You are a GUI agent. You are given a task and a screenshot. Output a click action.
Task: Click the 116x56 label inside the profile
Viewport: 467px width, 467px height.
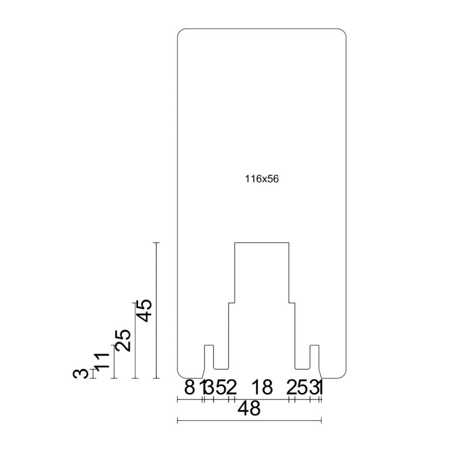point(262,179)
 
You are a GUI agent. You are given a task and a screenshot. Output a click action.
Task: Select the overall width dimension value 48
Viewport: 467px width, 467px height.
point(249,409)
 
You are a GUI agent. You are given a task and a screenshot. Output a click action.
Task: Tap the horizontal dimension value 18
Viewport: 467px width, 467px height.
point(262,387)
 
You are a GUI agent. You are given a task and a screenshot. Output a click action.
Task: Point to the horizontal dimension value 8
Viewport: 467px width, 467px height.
point(189,387)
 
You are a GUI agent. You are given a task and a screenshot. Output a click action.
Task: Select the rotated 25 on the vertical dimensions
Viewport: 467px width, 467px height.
point(123,340)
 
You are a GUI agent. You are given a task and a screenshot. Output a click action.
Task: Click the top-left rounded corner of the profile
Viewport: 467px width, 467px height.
point(180,32)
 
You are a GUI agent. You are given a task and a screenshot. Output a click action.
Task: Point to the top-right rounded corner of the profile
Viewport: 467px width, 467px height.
point(344,32)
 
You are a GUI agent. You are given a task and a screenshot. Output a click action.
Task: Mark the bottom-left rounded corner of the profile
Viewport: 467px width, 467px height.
point(180,376)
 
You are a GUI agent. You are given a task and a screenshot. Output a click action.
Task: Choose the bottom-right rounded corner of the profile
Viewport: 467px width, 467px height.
point(344,376)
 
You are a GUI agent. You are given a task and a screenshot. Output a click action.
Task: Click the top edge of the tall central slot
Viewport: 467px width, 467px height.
point(262,242)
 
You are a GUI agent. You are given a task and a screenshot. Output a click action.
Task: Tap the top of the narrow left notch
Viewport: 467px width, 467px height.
point(209,345)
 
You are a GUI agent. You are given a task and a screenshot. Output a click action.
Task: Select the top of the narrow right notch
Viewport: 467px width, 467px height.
point(314,345)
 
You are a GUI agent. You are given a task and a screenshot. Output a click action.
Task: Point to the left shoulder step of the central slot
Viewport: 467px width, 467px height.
point(232,302)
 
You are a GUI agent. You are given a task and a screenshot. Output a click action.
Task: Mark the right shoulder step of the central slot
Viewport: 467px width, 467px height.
point(292,302)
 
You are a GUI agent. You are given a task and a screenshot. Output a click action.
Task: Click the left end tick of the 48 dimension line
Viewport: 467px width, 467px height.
point(177,420)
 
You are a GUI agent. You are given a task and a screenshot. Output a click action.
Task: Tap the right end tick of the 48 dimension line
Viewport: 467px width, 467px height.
point(321,420)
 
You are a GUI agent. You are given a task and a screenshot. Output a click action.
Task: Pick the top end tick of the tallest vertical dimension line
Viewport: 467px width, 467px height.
point(156,242)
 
